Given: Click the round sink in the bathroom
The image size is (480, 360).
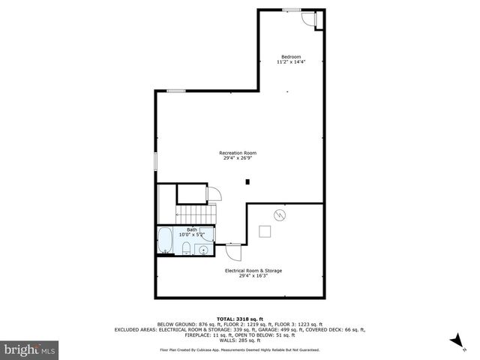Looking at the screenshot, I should tap(202, 249).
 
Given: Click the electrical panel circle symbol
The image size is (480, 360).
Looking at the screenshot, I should tap(280, 214).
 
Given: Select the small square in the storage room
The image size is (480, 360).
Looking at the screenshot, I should tap(265, 232).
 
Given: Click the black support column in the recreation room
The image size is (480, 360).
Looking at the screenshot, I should tap(247, 181).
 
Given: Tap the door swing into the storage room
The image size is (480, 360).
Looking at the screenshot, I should tap(232, 249).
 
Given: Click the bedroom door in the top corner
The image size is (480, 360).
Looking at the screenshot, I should tap(307, 18).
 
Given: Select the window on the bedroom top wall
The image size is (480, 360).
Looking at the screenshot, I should tap(292, 10).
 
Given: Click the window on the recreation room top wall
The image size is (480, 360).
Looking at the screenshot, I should tap(176, 91).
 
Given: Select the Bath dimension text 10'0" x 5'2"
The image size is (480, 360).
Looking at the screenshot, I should tap(191, 235).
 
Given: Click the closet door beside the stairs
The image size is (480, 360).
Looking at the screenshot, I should tap(213, 194).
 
